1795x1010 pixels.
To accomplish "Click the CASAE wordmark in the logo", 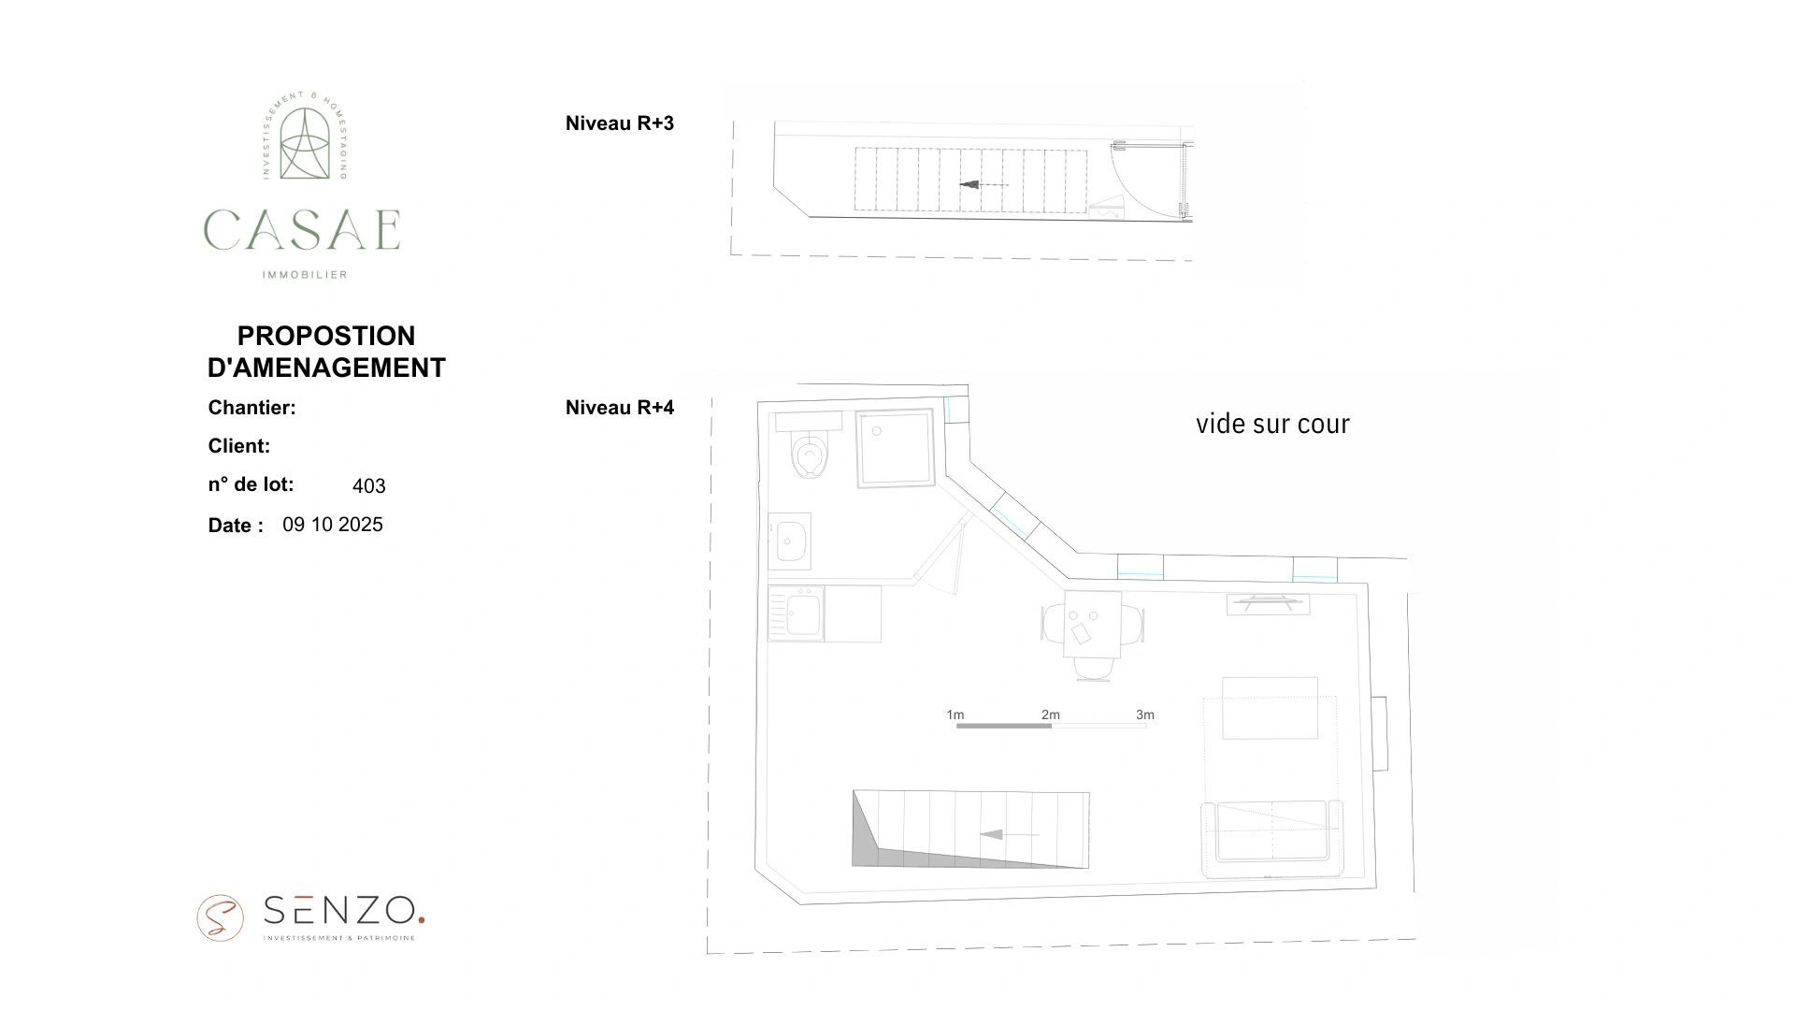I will [x=302, y=230].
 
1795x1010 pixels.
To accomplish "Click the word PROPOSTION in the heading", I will [x=325, y=336].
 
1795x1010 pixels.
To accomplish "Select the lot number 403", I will [x=368, y=486].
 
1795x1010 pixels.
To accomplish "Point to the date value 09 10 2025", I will [x=333, y=525].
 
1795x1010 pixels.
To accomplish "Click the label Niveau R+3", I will [x=619, y=123].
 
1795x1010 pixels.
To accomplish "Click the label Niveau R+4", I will [x=619, y=408].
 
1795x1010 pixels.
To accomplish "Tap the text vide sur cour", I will [x=1272, y=425].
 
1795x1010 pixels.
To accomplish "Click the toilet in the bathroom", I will [x=809, y=454].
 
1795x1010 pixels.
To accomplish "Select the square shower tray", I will [x=896, y=448].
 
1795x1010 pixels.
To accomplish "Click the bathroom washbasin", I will [x=791, y=541].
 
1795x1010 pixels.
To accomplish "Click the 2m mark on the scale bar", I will [x=1051, y=715].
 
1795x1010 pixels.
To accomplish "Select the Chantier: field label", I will [x=251, y=408].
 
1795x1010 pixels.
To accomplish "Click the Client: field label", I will [x=238, y=446].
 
